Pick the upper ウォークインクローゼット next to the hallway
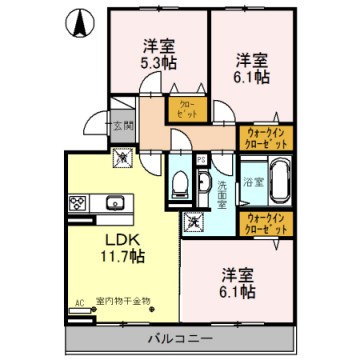click(x=264, y=138)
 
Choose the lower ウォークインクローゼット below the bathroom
click(x=264, y=221)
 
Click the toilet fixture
click(x=179, y=180)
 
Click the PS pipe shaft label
click(x=201, y=159)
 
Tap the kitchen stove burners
click(x=78, y=203)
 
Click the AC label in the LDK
click(x=77, y=299)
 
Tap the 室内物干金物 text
click(x=122, y=299)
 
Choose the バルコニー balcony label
click(x=182, y=340)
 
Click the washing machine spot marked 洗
click(x=194, y=220)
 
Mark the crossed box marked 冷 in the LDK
click(x=121, y=156)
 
